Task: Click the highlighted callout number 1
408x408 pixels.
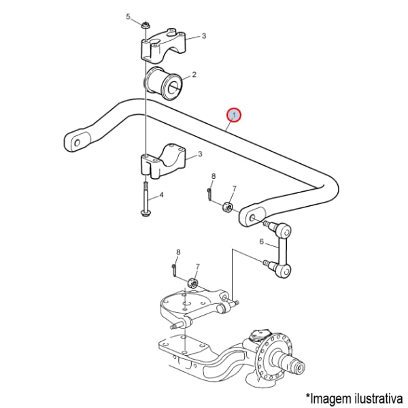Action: pyautogui.click(x=234, y=116)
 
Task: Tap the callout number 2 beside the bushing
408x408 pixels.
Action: pyautogui.click(x=194, y=75)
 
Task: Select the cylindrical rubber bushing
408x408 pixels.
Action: pyautogui.click(x=163, y=83)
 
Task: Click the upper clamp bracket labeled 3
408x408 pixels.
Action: pyautogui.click(x=164, y=46)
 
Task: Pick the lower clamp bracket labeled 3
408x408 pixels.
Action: pyautogui.click(x=163, y=162)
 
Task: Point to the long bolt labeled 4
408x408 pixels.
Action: pyautogui.click(x=145, y=199)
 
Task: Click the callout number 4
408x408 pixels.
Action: pyautogui.click(x=161, y=194)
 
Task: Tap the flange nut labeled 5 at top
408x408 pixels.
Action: pyautogui.click(x=146, y=25)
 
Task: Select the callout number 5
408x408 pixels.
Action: pyautogui.click(x=128, y=17)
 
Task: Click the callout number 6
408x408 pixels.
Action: pyautogui.click(x=262, y=241)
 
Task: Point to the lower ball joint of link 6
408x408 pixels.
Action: pyautogui.click(x=281, y=269)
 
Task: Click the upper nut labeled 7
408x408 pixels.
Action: pyautogui.click(x=227, y=206)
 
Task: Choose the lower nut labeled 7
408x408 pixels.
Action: pyautogui.click(x=193, y=284)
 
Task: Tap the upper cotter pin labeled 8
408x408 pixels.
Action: pyautogui.click(x=210, y=193)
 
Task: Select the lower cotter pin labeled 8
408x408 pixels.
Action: pyautogui.click(x=175, y=269)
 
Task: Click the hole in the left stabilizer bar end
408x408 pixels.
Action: pyautogui.click(x=78, y=143)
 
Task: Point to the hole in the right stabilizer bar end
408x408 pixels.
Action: pyautogui.click(x=252, y=218)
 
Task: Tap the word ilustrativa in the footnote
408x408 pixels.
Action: pyautogui.click(x=379, y=398)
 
